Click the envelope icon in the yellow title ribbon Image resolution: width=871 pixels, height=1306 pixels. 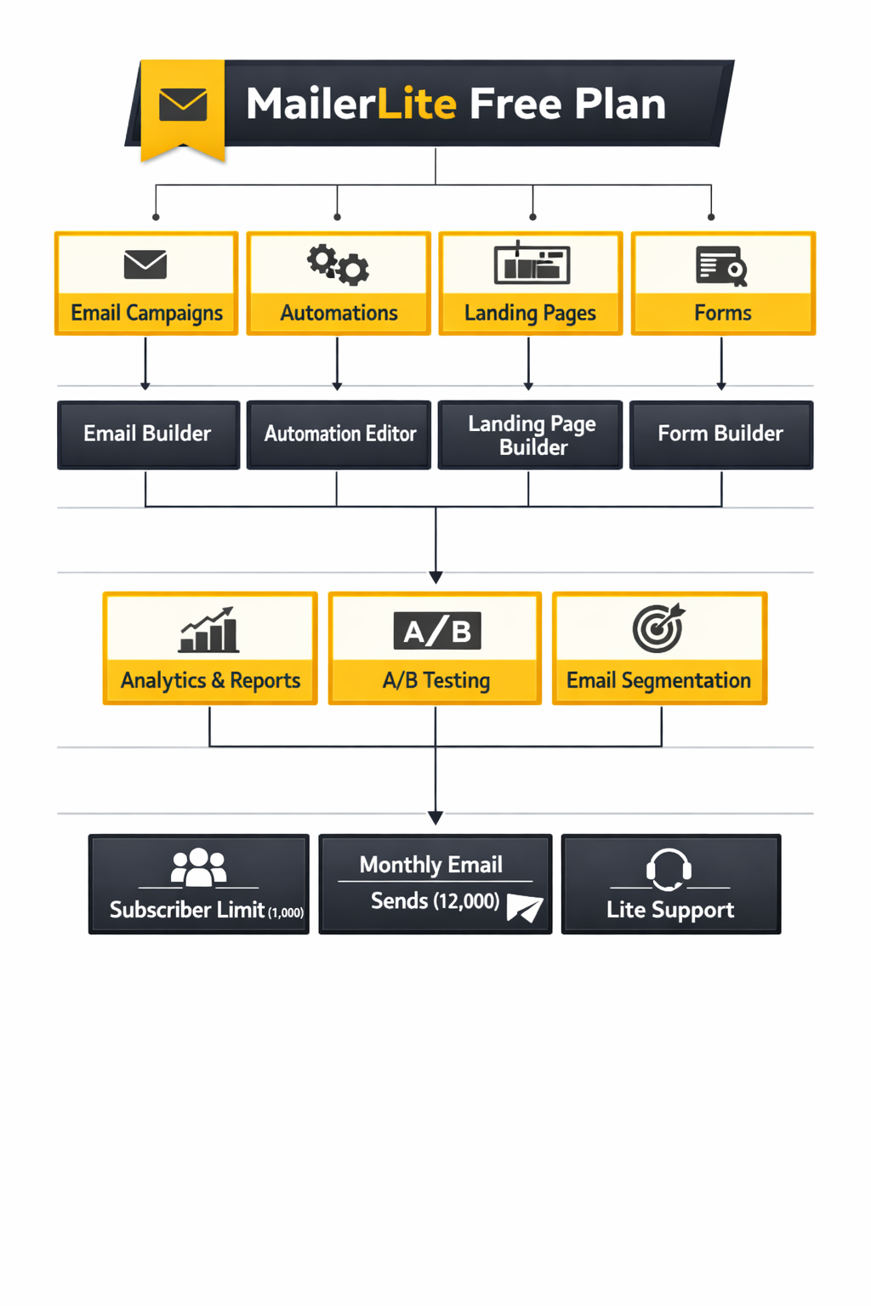pos(183,105)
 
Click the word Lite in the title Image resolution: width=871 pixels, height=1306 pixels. pos(417,104)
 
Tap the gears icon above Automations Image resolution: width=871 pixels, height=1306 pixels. pos(338,264)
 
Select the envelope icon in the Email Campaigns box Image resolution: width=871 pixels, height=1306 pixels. pos(145,264)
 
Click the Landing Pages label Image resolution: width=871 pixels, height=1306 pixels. pos(530,313)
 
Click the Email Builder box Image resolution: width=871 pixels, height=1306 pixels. pos(148,434)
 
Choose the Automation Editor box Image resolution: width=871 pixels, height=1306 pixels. pos(339,434)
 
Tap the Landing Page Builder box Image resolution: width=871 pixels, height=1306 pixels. pos(531,434)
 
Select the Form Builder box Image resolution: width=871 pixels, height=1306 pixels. pos(720,434)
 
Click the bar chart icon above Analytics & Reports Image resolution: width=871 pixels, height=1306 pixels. pos(208,630)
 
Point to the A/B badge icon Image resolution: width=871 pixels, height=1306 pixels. pos(437,631)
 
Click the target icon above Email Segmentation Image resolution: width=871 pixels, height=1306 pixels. pos(658,628)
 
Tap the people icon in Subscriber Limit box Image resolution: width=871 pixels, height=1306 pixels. pos(198,867)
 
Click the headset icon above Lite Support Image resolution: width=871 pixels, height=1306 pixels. pos(669,869)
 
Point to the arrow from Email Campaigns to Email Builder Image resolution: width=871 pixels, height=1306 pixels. pos(145,363)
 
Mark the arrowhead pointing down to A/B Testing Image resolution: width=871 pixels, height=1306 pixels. pos(435,577)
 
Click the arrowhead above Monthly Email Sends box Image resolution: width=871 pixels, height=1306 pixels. pos(435,818)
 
